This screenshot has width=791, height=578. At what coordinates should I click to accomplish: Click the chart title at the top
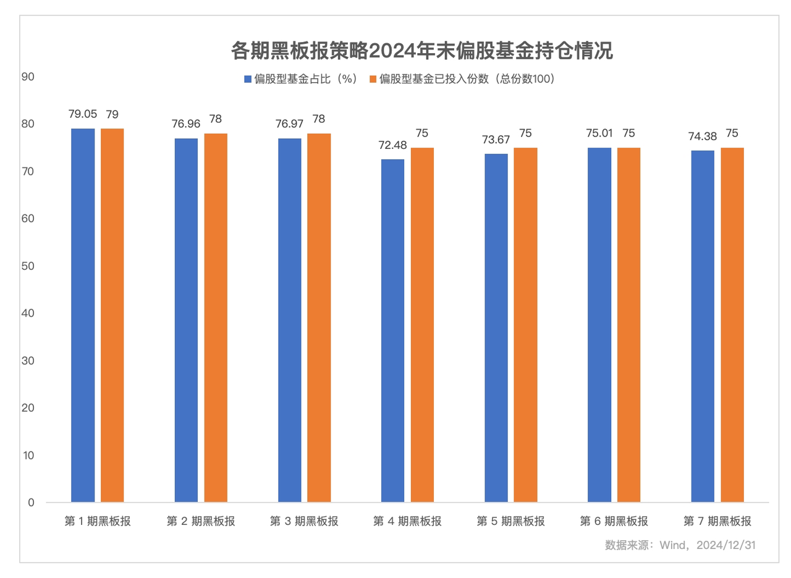[421, 50]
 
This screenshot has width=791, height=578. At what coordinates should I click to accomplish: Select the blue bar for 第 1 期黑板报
[83, 315]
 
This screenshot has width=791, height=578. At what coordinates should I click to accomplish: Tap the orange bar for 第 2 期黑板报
[216, 317]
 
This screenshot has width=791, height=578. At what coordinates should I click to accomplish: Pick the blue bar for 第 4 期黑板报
[392, 330]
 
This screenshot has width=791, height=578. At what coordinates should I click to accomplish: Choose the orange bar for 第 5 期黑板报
[525, 325]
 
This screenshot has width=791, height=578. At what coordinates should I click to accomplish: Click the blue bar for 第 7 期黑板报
[703, 326]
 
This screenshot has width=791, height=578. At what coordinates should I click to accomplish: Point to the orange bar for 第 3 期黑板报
[319, 317]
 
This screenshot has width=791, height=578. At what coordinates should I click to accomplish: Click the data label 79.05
[83, 114]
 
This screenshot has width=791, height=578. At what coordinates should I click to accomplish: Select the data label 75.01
[599, 133]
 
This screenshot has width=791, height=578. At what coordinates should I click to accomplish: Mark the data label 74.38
[703, 136]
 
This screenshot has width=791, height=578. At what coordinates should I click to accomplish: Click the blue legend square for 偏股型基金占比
[248, 79]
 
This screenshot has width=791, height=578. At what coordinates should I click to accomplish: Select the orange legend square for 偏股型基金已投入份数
[373, 79]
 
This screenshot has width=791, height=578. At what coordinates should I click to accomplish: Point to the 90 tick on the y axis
[28, 77]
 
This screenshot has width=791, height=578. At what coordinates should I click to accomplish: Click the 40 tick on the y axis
[28, 313]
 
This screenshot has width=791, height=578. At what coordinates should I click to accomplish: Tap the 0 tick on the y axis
[31, 503]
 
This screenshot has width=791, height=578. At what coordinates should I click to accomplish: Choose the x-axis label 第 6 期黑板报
[614, 521]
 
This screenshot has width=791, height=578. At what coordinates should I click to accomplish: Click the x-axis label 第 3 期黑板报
[304, 521]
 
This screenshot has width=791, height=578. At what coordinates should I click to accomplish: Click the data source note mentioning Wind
[680, 545]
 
